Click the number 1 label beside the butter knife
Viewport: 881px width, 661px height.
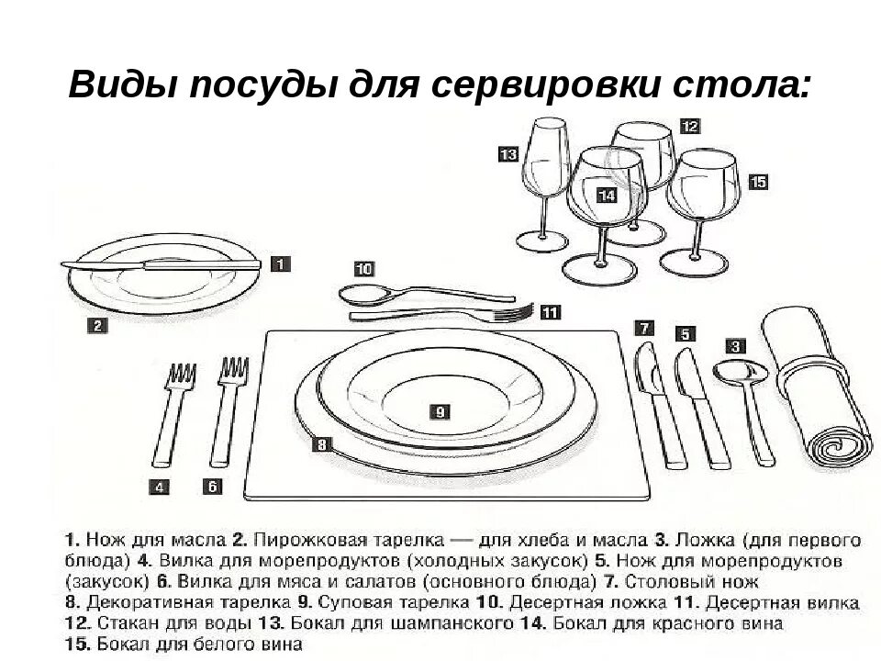(x=281, y=264)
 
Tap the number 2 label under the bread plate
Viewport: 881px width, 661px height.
(x=98, y=323)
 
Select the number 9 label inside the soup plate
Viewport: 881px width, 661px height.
(x=440, y=412)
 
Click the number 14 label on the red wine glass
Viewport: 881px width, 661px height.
(x=607, y=195)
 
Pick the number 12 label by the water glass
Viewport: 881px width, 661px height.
(x=690, y=127)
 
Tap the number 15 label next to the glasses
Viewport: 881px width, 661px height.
(x=757, y=182)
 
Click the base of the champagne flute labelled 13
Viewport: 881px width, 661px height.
(x=541, y=241)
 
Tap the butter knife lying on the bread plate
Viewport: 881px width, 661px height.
(x=165, y=265)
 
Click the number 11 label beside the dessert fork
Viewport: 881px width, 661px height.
(x=550, y=312)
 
